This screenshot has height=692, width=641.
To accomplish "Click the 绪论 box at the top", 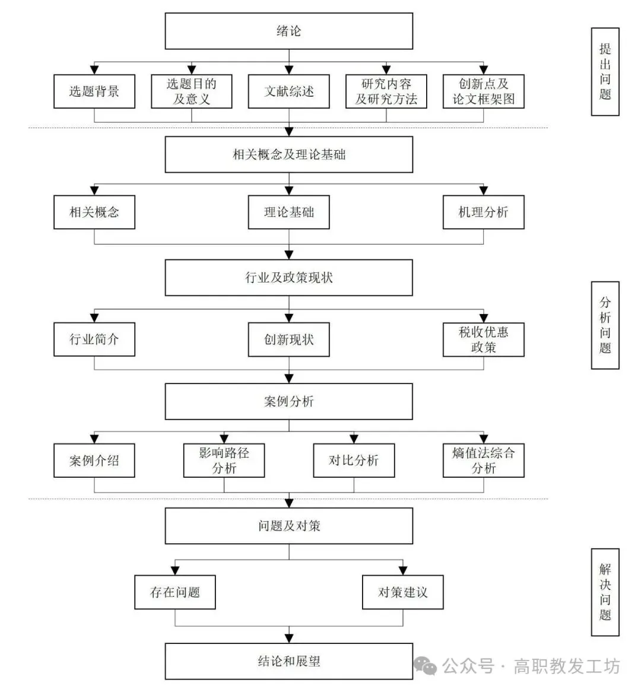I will coord(288,31).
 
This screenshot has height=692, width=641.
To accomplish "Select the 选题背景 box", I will coord(94,91).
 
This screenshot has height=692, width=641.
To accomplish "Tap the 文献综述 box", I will coord(288,91).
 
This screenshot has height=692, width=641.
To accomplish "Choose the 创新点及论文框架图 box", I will coord(483,91).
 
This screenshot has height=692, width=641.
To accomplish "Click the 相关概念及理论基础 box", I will coord(288,155).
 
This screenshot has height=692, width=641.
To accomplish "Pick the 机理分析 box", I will coord(483,212).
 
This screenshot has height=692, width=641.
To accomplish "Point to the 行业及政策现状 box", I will coord(288,278).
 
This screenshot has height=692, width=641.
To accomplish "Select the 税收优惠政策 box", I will coord(483,339).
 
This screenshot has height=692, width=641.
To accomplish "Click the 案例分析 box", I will coord(288,402).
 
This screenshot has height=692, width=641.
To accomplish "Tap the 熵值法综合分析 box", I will coord(483,461).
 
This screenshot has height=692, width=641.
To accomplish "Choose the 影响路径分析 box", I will coord(224,461).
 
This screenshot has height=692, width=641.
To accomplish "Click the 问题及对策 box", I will coord(288,526).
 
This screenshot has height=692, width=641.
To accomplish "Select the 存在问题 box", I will coord(175,592).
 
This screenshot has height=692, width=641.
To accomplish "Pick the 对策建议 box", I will coord(403,592).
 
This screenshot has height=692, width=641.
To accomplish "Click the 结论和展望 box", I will coord(288,661).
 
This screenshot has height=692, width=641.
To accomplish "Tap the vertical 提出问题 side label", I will coord(605,72).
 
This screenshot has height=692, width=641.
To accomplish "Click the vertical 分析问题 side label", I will coord(605,325).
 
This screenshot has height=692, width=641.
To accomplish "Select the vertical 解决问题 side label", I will coord(605,592).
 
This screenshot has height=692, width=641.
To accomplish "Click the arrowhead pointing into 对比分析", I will coord(354,439).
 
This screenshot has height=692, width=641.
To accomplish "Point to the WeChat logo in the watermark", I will coord(425,666).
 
